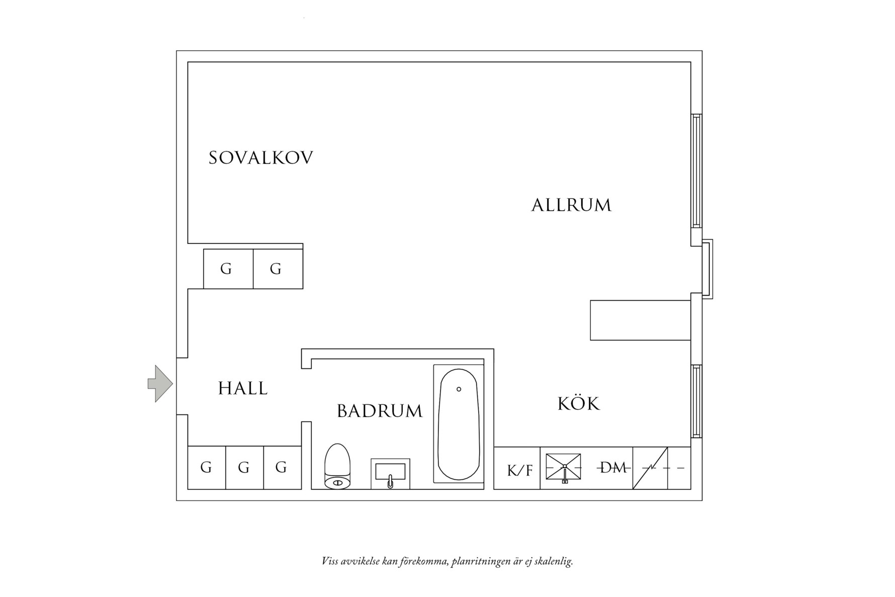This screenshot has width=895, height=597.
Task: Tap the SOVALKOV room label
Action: coord(260,158)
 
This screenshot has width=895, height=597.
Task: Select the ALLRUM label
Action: coord(571,205)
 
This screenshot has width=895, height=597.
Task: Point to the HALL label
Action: coord(243,388)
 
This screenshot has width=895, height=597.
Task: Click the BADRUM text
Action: coord(380,411)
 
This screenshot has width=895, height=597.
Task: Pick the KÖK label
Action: coord(579,404)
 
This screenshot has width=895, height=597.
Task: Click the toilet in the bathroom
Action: coord(337,466)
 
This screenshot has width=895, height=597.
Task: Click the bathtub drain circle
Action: coord(459,389)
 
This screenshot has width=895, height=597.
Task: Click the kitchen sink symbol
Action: coord(564,468)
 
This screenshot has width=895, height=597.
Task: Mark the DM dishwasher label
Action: coord(613,468)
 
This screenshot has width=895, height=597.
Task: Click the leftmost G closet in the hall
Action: coord(206,468)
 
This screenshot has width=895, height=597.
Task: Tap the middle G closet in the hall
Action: coord(244,468)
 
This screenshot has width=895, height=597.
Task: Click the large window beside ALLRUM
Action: coord(696,171)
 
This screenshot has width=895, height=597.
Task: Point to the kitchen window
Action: coord(696,401)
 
